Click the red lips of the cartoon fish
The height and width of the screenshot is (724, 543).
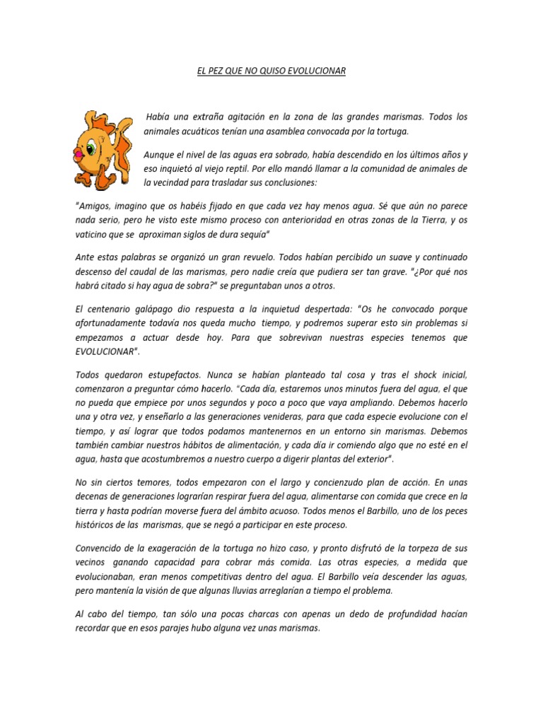click(x=78, y=151)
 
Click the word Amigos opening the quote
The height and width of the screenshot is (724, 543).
click(x=93, y=205)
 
